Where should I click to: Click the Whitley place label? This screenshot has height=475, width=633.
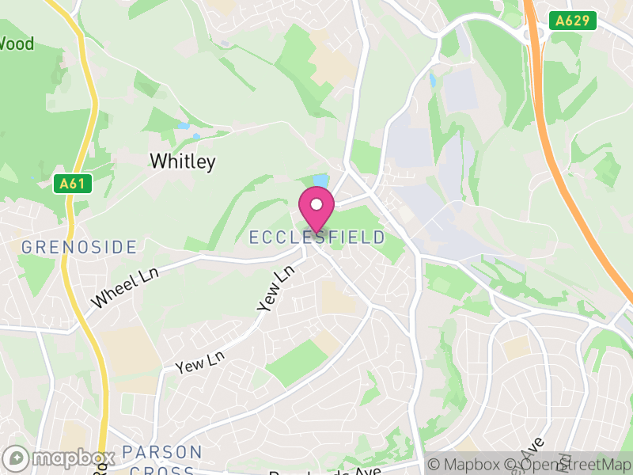182,161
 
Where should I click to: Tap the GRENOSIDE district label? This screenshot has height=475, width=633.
79,247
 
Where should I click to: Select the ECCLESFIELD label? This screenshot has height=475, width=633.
317,237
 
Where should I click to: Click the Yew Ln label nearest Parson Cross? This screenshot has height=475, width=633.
200,363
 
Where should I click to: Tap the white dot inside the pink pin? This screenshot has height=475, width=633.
316,204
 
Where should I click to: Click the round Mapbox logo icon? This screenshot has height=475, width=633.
16,458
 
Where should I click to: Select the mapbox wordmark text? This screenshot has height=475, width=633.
71,458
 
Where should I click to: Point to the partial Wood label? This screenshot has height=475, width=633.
17,44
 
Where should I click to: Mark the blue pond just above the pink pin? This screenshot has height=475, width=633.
320,180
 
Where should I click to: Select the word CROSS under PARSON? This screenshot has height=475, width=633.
162,467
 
